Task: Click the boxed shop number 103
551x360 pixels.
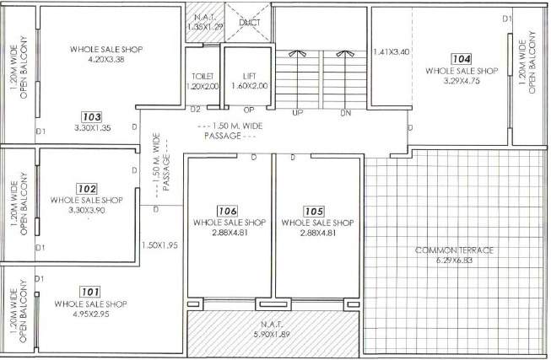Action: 93,116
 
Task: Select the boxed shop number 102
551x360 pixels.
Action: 86,189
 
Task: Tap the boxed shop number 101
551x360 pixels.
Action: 90,292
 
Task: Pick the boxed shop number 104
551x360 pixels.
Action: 461,59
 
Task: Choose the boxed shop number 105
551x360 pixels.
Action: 314,211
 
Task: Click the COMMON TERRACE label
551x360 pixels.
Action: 454,250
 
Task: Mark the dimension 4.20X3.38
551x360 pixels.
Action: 105,60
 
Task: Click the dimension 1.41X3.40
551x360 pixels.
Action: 391,52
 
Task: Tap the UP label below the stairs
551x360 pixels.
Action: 297,112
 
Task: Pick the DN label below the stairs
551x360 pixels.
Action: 345,112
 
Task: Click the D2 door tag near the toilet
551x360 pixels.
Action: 195,109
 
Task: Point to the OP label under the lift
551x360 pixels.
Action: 249,110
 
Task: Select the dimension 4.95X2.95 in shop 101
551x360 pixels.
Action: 90,314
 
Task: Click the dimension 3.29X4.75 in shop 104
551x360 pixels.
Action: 461,82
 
